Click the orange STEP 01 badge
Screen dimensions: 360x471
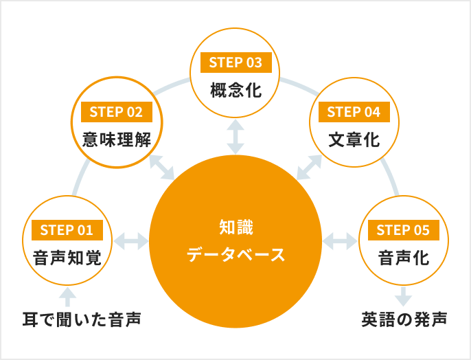(67, 230)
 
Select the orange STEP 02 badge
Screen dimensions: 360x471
(115, 112)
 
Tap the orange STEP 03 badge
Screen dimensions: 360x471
(235, 63)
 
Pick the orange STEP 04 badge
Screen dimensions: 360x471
(354, 112)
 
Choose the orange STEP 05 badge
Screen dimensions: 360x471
(403, 230)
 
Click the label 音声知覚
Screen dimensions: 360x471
(67, 258)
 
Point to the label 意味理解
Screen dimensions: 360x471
(115, 139)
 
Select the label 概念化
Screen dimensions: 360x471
(235, 90)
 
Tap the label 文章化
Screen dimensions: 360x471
(354, 139)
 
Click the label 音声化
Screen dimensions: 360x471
(403, 258)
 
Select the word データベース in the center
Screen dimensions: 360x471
(235, 255)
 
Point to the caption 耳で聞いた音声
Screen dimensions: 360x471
(80, 319)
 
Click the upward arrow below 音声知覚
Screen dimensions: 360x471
(67, 297)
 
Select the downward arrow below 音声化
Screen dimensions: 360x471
(403, 297)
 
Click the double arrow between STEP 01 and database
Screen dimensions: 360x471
(130, 241)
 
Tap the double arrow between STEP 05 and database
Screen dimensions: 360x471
(340, 241)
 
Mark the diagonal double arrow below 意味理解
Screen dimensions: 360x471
(162, 168)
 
